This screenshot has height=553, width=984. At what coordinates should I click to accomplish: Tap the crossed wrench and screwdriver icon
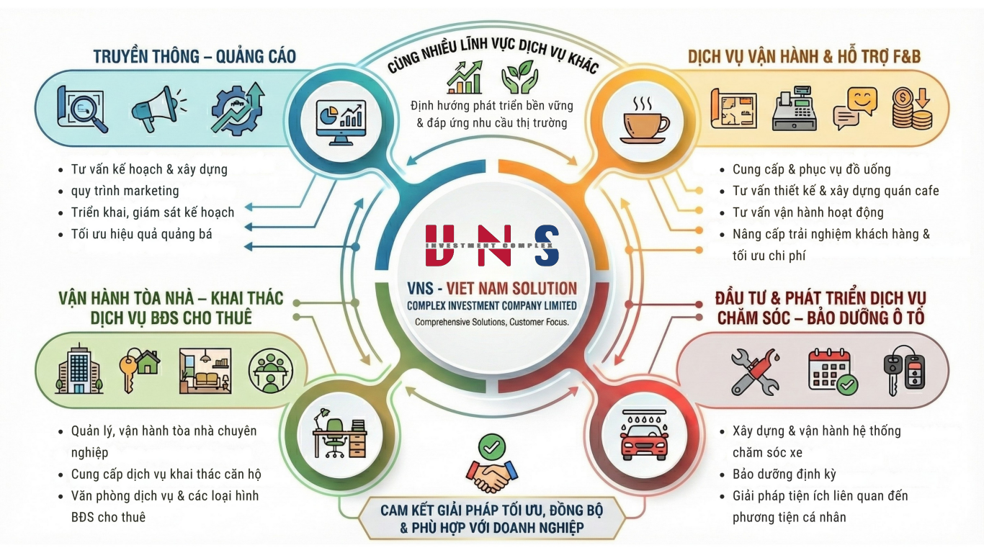tap(754, 371)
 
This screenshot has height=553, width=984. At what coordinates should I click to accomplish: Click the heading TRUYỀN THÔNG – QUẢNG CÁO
tap(194, 56)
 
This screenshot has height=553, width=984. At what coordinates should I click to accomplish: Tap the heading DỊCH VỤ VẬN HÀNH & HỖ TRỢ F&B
tap(804, 56)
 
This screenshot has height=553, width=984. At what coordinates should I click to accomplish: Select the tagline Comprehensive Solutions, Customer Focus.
tap(492, 322)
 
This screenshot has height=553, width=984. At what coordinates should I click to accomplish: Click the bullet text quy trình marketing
tap(125, 191)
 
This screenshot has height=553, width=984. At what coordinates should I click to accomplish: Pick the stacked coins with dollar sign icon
tap(911, 109)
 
